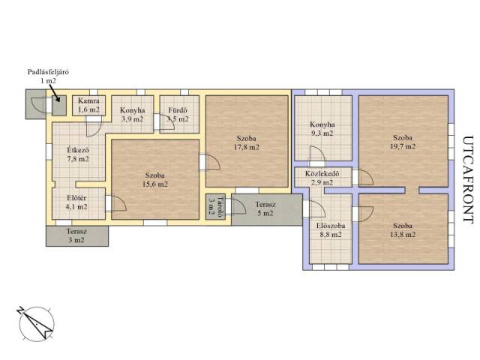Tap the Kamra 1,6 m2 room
[x=88, y=105]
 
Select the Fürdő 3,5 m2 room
[x=179, y=114]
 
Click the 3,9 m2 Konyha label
[x=132, y=115]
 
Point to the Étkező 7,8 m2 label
[x=78, y=154]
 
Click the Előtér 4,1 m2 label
[x=76, y=202]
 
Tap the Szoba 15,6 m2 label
[x=155, y=180]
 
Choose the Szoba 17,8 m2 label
[x=247, y=142]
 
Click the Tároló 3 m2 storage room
[x=215, y=207]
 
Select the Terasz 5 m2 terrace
[x=267, y=209]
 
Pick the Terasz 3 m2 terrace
[x=76, y=236]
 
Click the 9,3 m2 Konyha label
[x=322, y=129]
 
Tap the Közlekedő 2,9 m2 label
[x=322, y=178]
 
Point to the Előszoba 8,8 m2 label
[x=331, y=230]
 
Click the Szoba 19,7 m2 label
[x=403, y=142]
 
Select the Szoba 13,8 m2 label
[x=403, y=230]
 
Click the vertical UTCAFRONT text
[x=467, y=180]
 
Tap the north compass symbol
[x=36, y=323]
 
